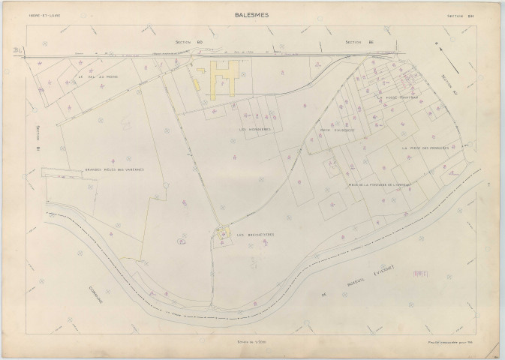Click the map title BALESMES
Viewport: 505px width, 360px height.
pos(252,13)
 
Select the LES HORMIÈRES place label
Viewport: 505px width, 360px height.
pos(254,129)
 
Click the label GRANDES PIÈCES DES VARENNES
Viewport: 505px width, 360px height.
pos(114,169)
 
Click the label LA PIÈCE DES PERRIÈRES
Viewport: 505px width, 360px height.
pos(425,148)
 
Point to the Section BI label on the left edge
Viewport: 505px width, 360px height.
pos(38,138)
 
